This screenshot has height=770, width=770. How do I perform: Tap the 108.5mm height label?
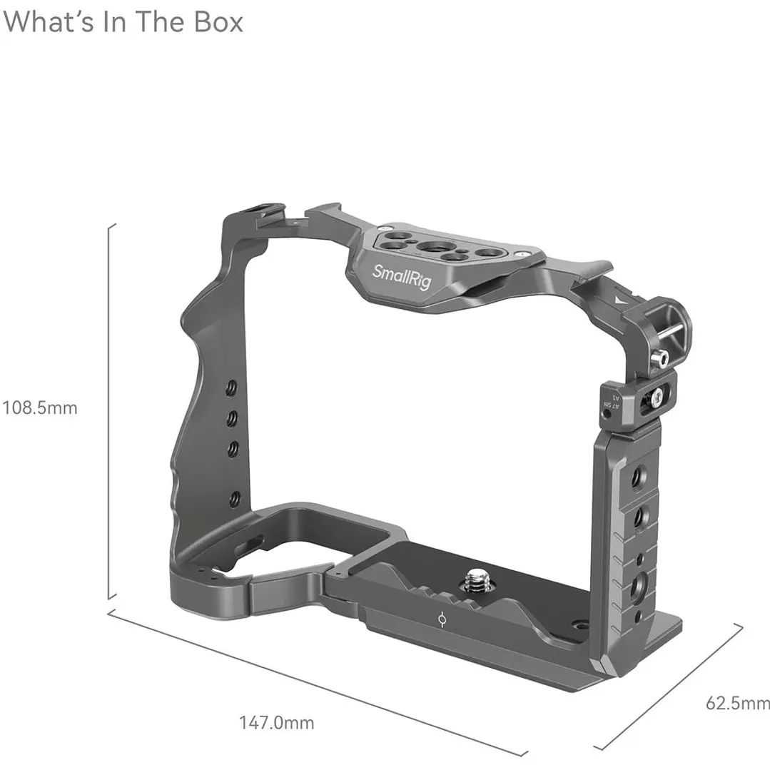(x=39, y=408)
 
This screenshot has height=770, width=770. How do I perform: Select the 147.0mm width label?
(x=276, y=722)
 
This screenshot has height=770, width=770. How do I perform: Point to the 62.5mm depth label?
(x=738, y=703)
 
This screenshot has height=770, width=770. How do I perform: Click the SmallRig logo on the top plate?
(x=402, y=278)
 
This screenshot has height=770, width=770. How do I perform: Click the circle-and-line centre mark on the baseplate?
(x=443, y=622)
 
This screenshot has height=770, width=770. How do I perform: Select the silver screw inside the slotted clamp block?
(x=656, y=395)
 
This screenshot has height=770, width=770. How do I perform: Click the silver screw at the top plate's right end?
(x=525, y=252)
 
